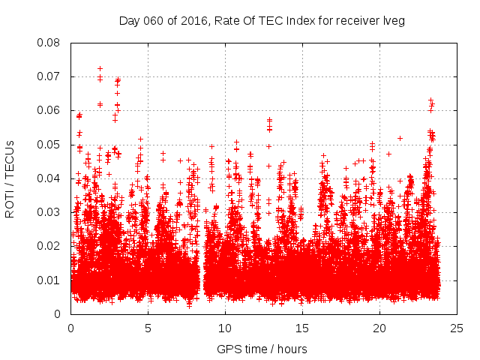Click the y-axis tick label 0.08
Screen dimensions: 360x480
click(49, 43)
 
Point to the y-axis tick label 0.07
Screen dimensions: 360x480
click(49, 76)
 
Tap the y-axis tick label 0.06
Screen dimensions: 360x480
click(49, 110)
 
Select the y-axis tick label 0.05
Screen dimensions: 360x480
click(49, 144)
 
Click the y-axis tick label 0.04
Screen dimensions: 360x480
click(49, 178)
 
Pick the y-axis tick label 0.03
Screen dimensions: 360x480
click(49, 212)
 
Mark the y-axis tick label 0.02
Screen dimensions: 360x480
click(49, 246)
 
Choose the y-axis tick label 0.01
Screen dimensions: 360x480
click(49, 280)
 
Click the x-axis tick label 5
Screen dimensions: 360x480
click(148, 328)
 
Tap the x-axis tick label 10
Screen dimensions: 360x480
click(225, 328)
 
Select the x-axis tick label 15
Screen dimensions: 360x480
click(302, 328)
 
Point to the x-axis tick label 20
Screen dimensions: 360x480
click(379, 328)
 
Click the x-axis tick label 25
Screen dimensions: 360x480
click(457, 328)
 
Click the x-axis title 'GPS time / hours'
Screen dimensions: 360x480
click(262, 349)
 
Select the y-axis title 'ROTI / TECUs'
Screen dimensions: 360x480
click(10, 178)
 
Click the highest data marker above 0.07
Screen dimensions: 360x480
click(100, 68)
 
